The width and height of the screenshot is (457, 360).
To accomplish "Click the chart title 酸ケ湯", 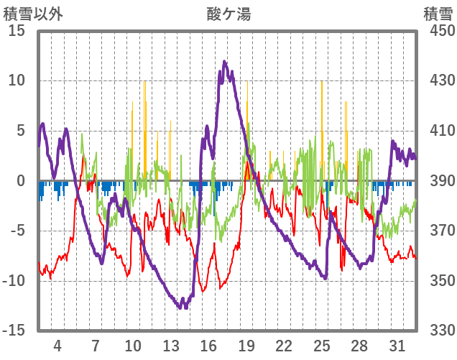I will click(x=228, y=13).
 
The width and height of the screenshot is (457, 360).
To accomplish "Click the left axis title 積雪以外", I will click(x=34, y=13).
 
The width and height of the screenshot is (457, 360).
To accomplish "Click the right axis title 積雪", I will click(x=438, y=13).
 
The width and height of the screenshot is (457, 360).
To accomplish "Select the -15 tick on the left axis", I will click(x=14, y=330).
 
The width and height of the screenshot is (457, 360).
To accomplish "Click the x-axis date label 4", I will click(x=57, y=344).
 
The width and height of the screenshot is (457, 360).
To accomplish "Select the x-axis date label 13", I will click(x=170, y=344).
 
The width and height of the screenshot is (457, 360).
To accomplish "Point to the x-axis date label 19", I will click(x=246, y=344).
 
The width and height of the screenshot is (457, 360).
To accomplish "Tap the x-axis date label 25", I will click(x=322, y=344).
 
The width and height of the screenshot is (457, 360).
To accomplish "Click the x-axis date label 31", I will click(x=397, y=344).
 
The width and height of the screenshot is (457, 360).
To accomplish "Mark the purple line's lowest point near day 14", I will click(x=185, y=307).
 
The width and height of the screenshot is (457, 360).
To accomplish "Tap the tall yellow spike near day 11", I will click(x=144, y=82).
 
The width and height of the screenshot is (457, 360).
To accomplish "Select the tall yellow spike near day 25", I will click(x=322, y=82).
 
